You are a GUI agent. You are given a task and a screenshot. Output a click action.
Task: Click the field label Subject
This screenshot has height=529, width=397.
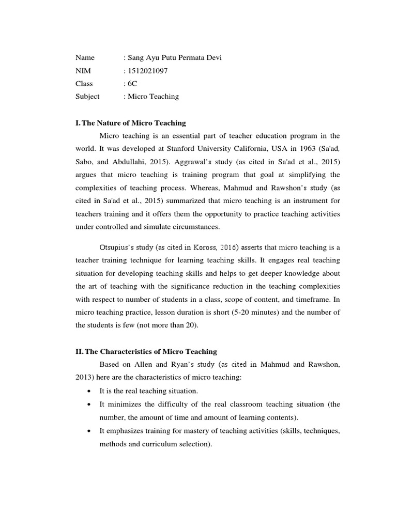[x=87, y=96]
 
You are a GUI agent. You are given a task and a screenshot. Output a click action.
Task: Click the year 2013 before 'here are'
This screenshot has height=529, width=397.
[x=84, y=378]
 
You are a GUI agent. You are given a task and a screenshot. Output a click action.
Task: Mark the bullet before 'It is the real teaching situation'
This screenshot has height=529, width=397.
[x=90, y=391]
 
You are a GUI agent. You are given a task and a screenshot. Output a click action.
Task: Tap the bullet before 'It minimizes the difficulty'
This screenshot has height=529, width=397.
[x=90, y=404]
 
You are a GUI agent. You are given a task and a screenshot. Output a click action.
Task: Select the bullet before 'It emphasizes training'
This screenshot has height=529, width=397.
[x=90, y=431]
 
